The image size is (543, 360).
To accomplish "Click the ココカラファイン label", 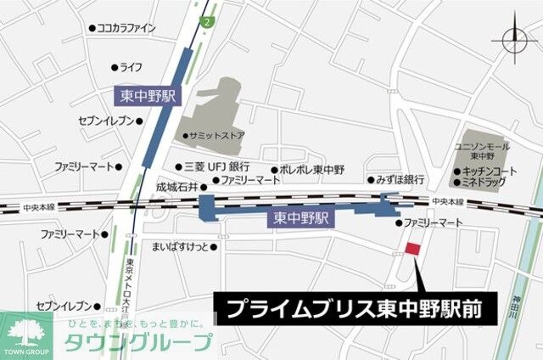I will (126, 28).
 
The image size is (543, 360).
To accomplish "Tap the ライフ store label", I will (130, 67).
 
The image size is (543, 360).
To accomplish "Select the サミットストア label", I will (214, 136).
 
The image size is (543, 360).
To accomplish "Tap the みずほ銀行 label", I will (395, 180).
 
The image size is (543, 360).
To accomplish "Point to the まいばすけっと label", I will (182, 247).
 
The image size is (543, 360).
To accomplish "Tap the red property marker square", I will (412, 248).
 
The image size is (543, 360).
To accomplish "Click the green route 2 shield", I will (206, 19).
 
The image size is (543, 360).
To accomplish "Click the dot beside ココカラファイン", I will (92, 28).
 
